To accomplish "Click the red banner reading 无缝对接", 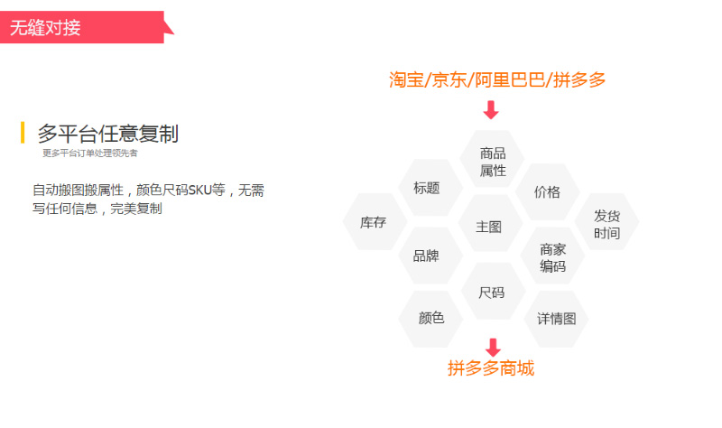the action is (x=83, y=27).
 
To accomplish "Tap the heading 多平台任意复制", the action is (x=107, y=134).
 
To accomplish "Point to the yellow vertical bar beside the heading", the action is (x=23, y=133).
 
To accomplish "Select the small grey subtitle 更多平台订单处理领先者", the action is (x=89, y=153).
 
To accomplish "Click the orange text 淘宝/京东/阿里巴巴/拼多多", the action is (x=497, y=79).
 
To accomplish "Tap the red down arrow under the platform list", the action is (x=491, y=109).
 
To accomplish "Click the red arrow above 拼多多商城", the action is (x=493, y=348).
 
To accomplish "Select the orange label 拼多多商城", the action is (x=491, y=368).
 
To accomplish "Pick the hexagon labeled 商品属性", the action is (x=492, y=159).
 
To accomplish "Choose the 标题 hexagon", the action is (x=430, y=188).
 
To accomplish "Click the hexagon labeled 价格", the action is (x=548, y=191).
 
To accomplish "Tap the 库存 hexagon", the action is (x=375, y=221).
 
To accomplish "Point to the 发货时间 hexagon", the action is (x=606, y=221).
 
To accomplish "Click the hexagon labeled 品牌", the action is (x=430, y=256).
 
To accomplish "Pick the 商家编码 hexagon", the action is (x=552, y=256).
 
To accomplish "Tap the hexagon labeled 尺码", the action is (x=493, y=291).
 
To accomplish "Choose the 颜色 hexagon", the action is (x=430, y=319).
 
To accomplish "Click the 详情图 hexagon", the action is (x=556, y=319).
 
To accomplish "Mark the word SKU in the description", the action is (x=199, y=191).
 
